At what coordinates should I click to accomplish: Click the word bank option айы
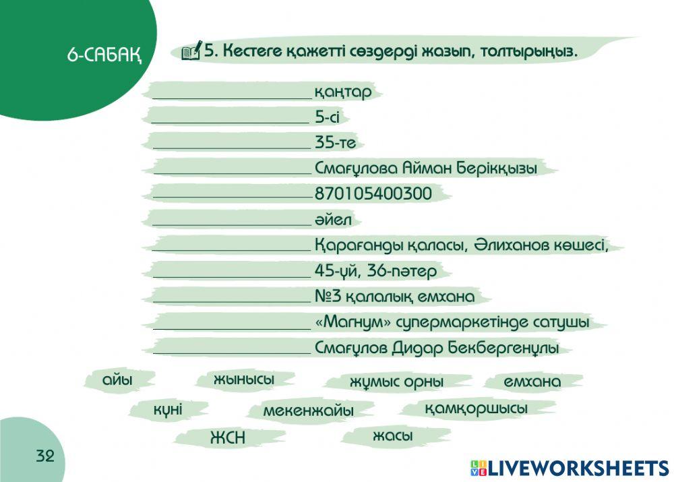pos(117,380)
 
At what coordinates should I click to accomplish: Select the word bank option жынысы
pos(244,380)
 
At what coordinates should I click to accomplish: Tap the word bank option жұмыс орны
pos(396,382)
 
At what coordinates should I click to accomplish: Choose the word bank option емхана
pos(532,382)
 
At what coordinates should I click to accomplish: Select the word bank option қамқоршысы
pos(476,409)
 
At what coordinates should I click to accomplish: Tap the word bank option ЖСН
pos(228,438)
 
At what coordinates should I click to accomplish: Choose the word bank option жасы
pos(392,437)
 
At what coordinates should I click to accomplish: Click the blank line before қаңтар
pos(231,94)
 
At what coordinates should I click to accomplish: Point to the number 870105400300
pos(373,194)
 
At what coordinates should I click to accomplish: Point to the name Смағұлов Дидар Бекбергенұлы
pos(437,349)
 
